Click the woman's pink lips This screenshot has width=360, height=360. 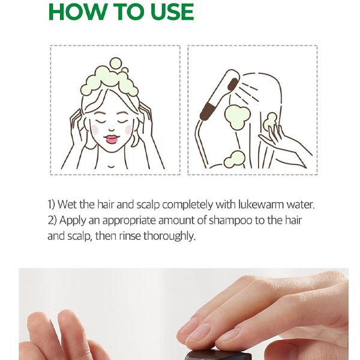[112, 139]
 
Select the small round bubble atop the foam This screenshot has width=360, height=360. [115, 64]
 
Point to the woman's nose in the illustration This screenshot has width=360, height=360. [112, 129]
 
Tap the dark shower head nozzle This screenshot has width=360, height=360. [233, 84]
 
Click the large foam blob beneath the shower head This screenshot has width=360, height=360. [237, 117]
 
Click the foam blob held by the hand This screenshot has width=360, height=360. [270, 121]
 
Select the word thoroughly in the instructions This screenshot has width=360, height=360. [169, 236]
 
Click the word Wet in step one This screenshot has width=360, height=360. [67, 205]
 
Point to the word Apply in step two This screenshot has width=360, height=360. [73, 221]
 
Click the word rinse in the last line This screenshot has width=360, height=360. [130, 236]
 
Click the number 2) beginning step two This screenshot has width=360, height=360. [52, 220]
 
